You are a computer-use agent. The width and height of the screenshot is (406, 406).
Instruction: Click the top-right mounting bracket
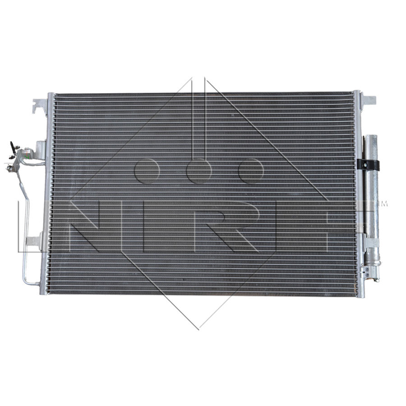(368, 100)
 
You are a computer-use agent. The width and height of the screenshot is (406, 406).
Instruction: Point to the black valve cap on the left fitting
(12, 146)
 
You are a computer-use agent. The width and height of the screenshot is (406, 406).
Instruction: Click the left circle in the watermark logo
(146, 171)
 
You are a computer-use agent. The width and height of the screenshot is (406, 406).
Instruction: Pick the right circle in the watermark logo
(251, 171)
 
